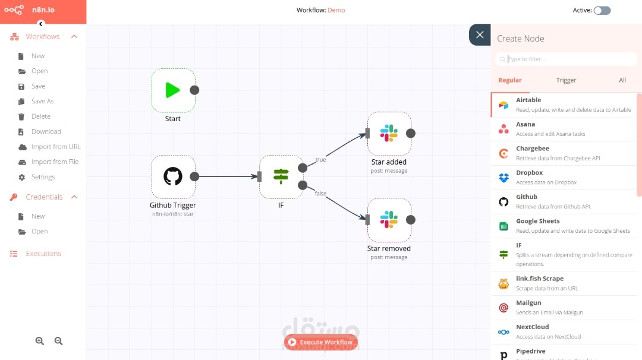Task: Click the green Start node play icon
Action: pyautogui.click(x=172, y=90)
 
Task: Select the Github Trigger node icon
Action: pyautogui.click(x=173, y=176)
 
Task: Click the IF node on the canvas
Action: pyautogui.click(x=281, y=176)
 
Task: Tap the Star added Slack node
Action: pyautogui.click(x=389, y=133)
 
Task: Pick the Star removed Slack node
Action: pyautogui.click(x=389, y=220)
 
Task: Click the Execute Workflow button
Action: pyautogui.click(x=320, y=342)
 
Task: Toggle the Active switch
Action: pyautogui.click(x=602, y=10)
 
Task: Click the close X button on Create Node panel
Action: pyautogui.click(x=480, y=35)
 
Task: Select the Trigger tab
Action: pyautogui.click(x=566, y=80)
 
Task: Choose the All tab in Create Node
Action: pyautogui.click(x=622, y=80)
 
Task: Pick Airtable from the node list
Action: pyautogui.click(x=565, y=105)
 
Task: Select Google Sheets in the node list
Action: pyautogui.click(x=565, y=226)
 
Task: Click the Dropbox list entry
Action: pyautogui.click(x=565, y=177)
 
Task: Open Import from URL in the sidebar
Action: pyautogui.click(x=56, y=147)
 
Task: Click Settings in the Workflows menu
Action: pyautogui.click(x=43, y=177)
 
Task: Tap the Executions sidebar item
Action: pyautogui.click(x=43, y=254)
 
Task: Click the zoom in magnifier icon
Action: pyautogui.click(x=40, y=341)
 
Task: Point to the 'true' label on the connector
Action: pyautogui.click(x=320, y=159)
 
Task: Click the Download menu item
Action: pyautogui.click(x=46, y=131)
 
